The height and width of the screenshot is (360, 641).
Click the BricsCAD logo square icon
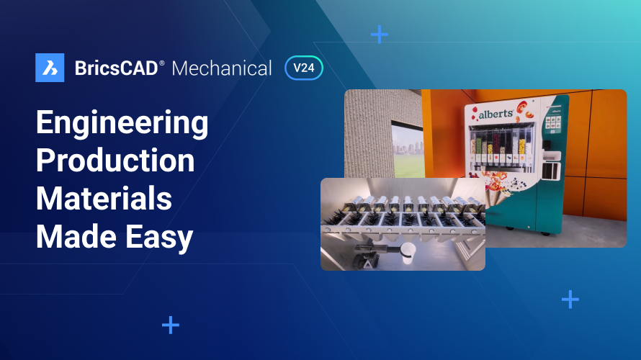point(50,68)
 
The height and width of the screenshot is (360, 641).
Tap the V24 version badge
point(304,68)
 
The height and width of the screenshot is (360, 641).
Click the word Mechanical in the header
point(222,68)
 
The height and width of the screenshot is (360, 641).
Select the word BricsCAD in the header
point(116,68)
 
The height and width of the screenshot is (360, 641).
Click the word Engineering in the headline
point(122,125)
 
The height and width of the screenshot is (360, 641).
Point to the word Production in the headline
point(115,161)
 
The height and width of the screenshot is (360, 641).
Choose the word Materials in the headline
point(104,197)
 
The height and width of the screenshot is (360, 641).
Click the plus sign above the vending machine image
point(379,34)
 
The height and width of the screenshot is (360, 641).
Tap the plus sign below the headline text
point(171,325)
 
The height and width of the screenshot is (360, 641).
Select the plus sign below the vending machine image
point(570,299)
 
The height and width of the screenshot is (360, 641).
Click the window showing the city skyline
point(406,147)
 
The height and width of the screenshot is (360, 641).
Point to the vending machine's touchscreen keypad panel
point(553,122)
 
